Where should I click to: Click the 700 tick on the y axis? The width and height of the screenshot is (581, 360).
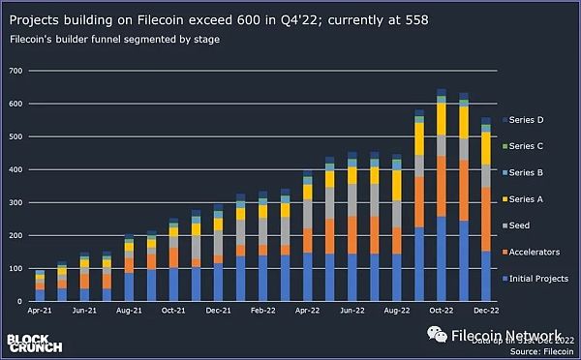point(14,71)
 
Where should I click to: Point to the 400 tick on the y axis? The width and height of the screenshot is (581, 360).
point(14,169)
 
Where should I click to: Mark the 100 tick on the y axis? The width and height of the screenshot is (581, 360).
point(14,268)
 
